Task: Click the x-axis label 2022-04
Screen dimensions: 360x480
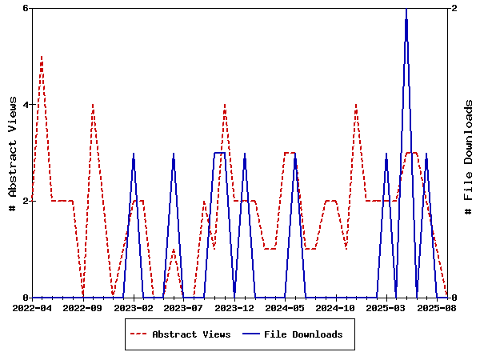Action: pyautogui.click(x=32, y=307)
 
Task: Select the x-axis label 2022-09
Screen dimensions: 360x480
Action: pyautogui.click(x=83, y=307)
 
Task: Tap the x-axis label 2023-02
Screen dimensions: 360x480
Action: pyautogui.click(x=134, y=307)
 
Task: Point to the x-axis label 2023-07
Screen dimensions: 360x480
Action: pyautogui.click(x=184, y=307)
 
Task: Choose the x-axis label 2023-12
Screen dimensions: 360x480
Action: pyautogui.click(x=234, y=307)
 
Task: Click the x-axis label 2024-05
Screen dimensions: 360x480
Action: pyautogui.click(x=286, y=307)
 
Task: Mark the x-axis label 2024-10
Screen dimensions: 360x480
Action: pyautogui.click(x=336, y=307)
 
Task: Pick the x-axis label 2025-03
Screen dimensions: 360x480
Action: pyautogui.click(x=386, y=307)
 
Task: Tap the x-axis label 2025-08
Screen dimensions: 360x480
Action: pyautogui.click(x=437, y=307)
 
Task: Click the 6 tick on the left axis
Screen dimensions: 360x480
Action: pyautogui.click(x=26, y=8)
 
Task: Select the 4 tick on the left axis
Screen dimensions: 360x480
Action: pyautogui.click(x=26, y=105)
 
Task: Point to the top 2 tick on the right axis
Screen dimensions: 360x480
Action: pyautogui.click(x=454, y=8)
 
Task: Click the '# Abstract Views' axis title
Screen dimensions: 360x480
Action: pyautogui.click(x=12, y=153)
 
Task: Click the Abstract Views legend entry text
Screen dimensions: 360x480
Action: pyautogui.click(x=191, y=334)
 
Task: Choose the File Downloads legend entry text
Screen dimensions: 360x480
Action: pyautogui.click(x=303, y=334)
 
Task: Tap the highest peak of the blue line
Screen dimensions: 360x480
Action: pyautogui.click(x=406, y=9)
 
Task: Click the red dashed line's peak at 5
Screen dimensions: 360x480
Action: pyautogui.click(x=42, y=57)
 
